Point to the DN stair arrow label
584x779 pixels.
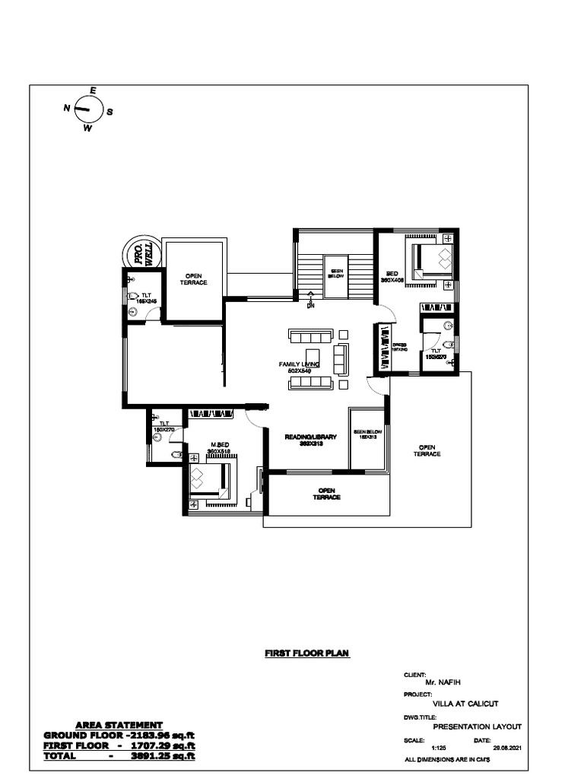tap(310, 306)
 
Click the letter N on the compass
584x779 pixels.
tap(67, 109)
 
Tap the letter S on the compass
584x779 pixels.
tap(109, 112)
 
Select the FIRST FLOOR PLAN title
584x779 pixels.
tap(306, 653)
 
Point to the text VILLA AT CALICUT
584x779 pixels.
tap(465, 704)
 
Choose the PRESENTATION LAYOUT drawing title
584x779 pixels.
tap(477, 727)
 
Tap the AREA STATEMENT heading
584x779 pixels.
tap(119, 726)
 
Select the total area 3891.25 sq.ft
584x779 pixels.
tap(163, 757)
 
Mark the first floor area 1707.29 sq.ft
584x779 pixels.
tap(163, 746)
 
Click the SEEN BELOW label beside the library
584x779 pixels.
tap(366, 434)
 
